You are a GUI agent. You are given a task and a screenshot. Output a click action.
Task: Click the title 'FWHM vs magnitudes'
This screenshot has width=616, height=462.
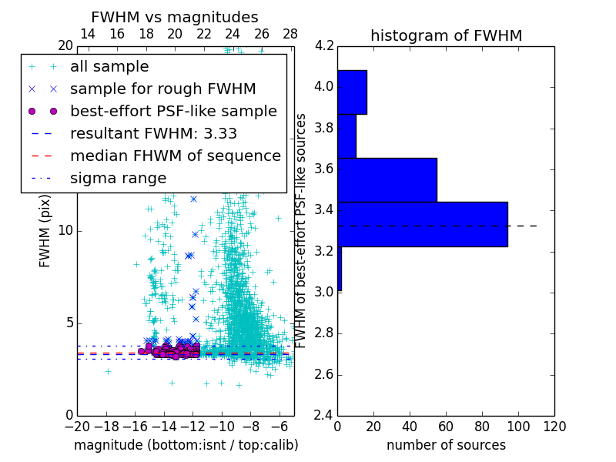pos(175,17)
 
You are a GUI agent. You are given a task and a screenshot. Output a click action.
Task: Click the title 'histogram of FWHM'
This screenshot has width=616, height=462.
pos(446,35)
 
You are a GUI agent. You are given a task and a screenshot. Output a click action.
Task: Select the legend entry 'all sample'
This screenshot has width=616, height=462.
pos(109,67)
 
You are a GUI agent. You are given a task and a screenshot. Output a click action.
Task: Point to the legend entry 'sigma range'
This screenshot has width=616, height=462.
pos(118,178)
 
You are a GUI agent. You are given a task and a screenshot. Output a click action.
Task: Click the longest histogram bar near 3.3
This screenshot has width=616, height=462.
pos(422,224)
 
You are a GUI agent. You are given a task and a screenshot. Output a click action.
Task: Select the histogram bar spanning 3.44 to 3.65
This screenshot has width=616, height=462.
pos(387,180)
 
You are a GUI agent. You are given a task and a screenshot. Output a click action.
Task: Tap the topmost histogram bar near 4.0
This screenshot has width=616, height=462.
pos(352,92)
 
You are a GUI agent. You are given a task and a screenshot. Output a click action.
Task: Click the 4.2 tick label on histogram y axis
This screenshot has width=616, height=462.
pos(324,45)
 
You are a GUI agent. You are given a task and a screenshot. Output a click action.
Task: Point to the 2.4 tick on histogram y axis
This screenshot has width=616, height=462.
pos(324,416)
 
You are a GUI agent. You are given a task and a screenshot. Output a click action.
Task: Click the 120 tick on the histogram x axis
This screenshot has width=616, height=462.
pos(554,427)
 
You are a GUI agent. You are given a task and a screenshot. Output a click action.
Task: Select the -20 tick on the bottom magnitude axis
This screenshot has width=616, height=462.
pos(77,427)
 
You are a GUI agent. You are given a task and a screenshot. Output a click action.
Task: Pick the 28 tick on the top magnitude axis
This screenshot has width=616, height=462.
pos(290,35)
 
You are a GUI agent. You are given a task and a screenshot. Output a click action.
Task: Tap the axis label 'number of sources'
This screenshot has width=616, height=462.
pos(446,445)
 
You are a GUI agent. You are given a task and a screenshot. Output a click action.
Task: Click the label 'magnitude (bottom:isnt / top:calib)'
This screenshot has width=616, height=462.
pos(186,445)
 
